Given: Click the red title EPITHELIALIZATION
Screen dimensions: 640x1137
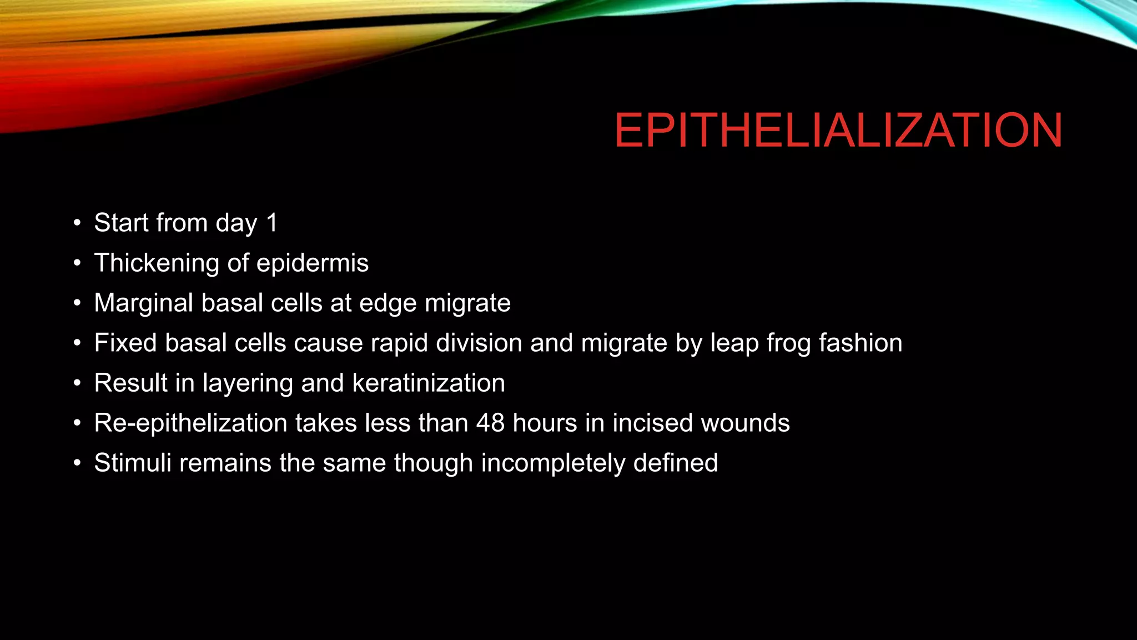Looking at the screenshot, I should coord(838,131).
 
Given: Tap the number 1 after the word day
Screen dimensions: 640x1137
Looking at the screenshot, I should coord(271,223).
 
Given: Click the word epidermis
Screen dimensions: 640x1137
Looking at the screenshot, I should coord(313,263).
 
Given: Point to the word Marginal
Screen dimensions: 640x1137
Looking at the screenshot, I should coord(144,303).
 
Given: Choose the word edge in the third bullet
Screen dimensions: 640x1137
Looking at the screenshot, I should coord(388,303).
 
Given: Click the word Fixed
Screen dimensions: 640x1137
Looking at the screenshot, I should coord(125,343).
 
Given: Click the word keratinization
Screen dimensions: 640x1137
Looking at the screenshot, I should coord(429,383).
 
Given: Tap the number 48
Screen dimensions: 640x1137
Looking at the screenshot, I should coord(490,423).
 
